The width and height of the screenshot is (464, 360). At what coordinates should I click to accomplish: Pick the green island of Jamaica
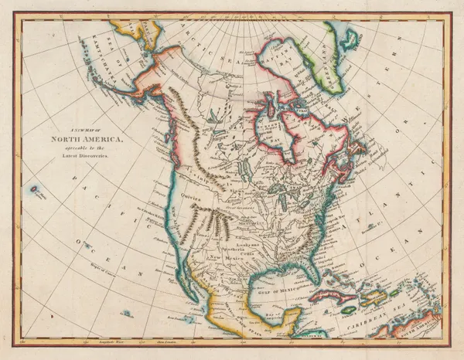pos(350,309)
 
